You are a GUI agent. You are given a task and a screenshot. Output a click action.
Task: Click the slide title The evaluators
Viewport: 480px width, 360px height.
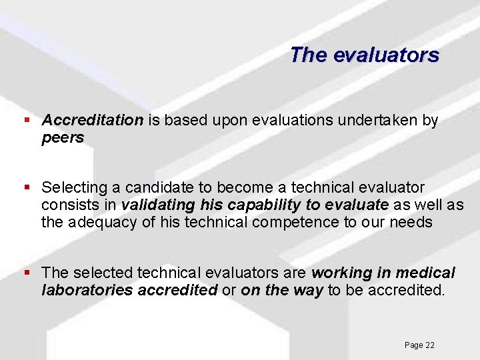[365, 55]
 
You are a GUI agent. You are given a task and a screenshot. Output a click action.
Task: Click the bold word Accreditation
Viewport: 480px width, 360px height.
[92, 120]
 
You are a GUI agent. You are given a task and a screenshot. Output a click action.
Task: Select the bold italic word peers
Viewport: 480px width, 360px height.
[63, 138]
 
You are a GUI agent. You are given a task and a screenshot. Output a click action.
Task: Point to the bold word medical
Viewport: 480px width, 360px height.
[425, 273]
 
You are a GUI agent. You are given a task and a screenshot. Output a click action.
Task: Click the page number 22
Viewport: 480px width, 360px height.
[429, 345]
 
